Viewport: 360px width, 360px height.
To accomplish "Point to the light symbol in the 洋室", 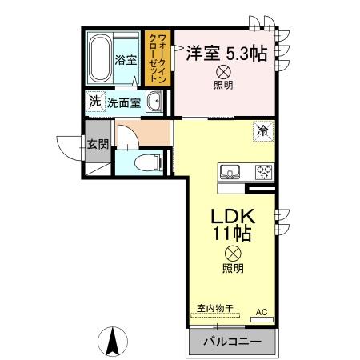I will [222, 72].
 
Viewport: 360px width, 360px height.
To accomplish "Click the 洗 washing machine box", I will [94, 102].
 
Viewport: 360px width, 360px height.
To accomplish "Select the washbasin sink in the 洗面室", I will [157, 102].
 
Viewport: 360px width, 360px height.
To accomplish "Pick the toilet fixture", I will [145, 163].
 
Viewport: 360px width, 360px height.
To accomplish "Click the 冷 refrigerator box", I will [262, 127].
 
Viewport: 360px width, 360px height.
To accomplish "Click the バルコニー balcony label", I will [231, 342].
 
